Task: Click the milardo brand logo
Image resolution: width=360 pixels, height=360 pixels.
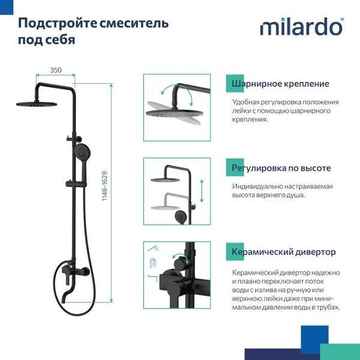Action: click(x=302, y=28)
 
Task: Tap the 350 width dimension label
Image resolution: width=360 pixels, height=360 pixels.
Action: click(x=56, y=70)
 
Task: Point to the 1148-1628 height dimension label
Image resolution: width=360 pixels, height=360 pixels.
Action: click(x=104, y=186)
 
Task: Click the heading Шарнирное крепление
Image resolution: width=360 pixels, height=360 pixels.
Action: click(x=280, y=84)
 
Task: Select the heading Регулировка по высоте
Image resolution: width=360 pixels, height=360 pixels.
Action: click(x=281, y=168)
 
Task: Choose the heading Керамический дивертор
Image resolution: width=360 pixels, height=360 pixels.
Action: click(x=284, y=252)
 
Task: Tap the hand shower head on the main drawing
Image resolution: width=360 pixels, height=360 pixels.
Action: click(x=82, y=152)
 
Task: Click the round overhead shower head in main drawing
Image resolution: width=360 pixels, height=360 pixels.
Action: click(x=37, y=104)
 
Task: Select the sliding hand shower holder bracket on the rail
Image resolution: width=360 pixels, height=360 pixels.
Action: click(x=76, y=184)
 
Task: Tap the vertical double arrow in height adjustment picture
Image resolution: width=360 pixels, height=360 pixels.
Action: click(x=202, y=191)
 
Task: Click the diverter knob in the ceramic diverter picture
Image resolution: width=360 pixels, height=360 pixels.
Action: click(x=180, y=264)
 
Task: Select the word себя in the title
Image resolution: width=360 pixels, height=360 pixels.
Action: click(x=60, y=40)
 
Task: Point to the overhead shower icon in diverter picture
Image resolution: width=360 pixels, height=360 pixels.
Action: click(x=153, y=248)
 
